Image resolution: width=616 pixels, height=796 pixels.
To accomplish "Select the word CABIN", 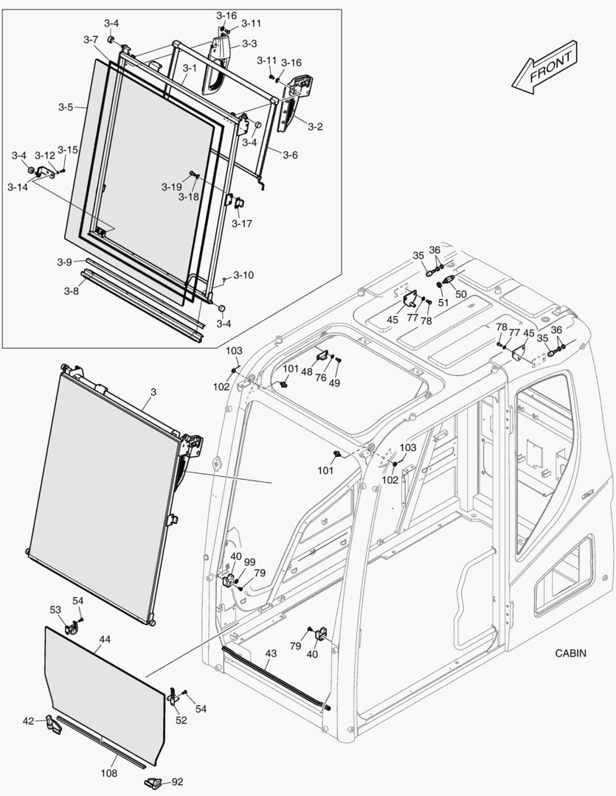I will [x=572, y=653].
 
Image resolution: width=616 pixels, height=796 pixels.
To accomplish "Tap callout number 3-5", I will [x=65, y=107].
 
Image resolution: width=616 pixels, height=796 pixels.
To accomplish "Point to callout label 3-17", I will [x=241, y=223].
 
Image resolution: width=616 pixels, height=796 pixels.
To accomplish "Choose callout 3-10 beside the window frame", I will [x=243, y=275].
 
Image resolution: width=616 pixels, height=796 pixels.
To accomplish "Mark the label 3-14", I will [x=17, y=187].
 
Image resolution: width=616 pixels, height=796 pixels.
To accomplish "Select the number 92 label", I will [x=178, y=782].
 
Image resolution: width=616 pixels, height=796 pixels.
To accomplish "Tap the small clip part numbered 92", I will [x=153, y=782].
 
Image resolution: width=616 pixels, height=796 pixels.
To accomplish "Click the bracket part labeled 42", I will [x=53, y=723].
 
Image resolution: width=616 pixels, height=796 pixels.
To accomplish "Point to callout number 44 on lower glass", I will [x=105, y=639].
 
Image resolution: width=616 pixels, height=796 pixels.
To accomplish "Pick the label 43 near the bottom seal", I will [x=271, y=654].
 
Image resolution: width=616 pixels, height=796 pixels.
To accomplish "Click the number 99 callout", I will [x=249, y=562].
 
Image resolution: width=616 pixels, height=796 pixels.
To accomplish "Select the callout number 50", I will [x=460, y=293].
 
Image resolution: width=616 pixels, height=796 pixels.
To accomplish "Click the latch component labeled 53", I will [x=73, y=629].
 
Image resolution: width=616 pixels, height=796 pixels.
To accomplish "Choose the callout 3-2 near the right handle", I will [x=315, y=127].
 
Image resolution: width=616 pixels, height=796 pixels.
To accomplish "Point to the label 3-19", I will [x=171, y=187].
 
